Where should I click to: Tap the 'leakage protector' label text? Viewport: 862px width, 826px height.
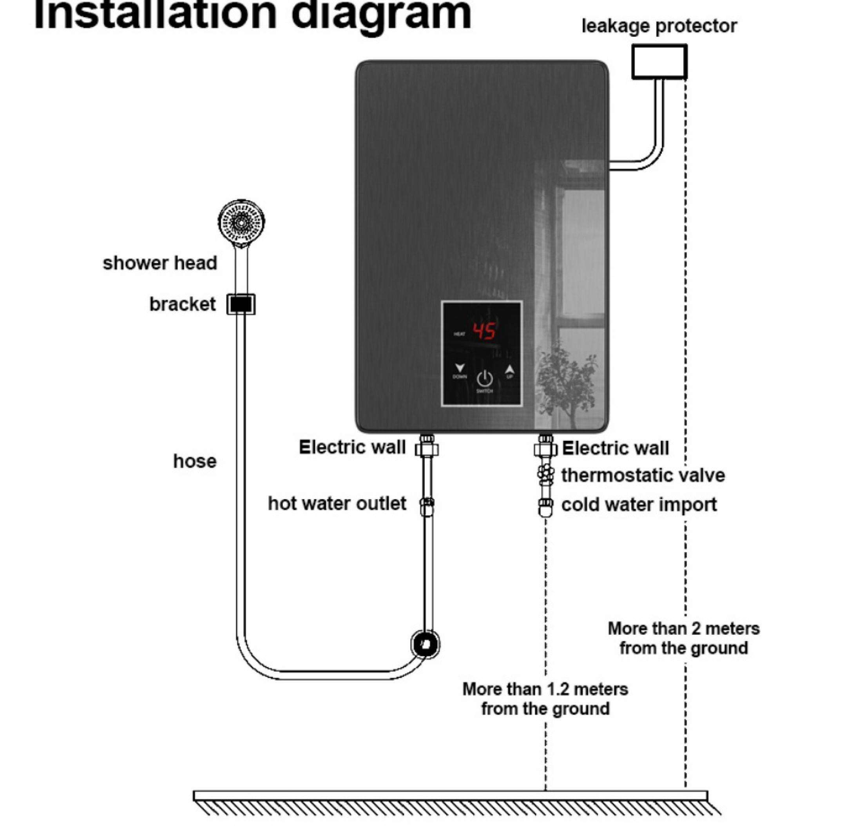click(x=659, y=26)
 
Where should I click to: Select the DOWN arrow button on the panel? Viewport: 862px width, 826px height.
click(x=460, y=369)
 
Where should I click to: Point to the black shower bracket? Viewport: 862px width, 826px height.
click(x=241, y=304)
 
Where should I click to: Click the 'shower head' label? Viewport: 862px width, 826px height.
click(x=159, y=263)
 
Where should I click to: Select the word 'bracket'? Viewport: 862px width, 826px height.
click(x=182, y=304)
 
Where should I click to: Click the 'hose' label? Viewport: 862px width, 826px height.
click(x=194, y=461)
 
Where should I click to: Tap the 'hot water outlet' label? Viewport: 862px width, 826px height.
click(x=337, y=504)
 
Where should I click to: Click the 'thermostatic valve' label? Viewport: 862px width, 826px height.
click(x=643, y=475)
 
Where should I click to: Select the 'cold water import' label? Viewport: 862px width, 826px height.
click(x=639, y=504)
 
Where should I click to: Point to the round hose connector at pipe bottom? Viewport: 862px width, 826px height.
click(x=425, y=644)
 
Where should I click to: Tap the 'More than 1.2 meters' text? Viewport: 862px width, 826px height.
click(x=545, y=689)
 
